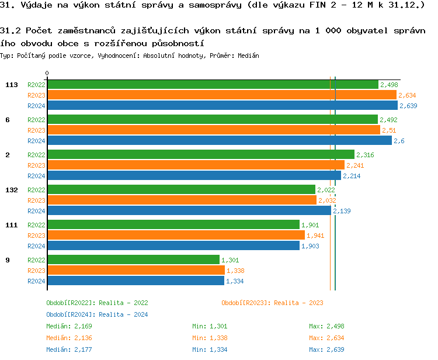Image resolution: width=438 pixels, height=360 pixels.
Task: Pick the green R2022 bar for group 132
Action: [181, 190]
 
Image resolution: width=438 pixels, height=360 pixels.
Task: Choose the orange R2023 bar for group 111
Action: [176, 236]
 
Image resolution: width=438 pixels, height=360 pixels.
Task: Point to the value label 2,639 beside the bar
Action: [408, 106]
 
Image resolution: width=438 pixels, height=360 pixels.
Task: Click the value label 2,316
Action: [365, 155]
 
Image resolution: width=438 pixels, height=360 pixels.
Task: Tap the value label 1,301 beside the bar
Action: [230, 260]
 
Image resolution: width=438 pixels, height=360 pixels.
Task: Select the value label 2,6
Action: [399, 141]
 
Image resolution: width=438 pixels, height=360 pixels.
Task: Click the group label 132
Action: [11, 190]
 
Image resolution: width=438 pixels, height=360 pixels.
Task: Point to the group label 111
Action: [11, 225]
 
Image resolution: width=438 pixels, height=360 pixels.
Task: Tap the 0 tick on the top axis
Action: [47, 74]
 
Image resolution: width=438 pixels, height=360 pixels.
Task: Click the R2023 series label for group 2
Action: [36, 165]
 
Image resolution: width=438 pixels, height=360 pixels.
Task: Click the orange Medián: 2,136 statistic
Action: [69, 338]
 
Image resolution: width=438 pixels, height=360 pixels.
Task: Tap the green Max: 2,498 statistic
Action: [326, 326]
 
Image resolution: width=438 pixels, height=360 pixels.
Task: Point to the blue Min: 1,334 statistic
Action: [210, 349]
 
